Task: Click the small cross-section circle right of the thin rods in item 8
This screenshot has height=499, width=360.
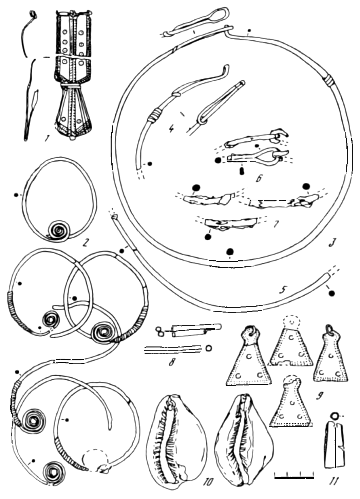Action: pos(209,348)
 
